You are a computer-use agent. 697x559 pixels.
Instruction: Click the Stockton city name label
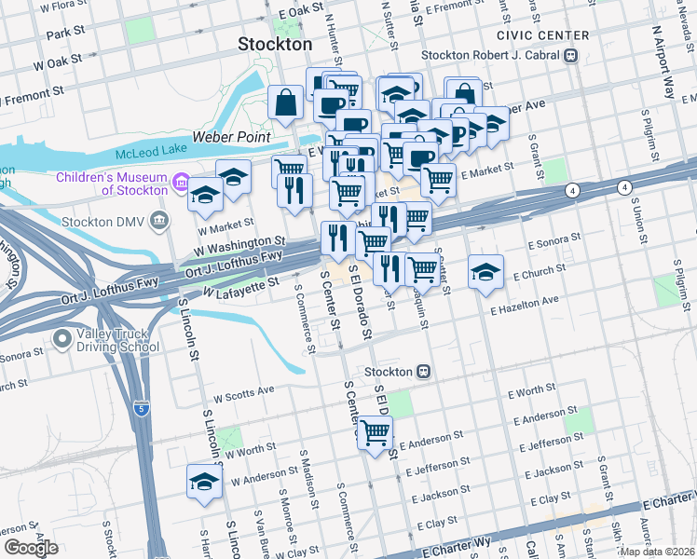[275, 44]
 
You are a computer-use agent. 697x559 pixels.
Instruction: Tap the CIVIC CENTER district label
[542, 35]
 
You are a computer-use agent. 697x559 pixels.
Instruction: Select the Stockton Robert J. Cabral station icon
[569, 55]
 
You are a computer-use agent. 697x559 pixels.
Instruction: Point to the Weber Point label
[231, 137]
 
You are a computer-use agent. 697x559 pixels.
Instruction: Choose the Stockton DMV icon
[160, 222]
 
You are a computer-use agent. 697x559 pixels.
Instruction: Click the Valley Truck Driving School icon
[62, 339]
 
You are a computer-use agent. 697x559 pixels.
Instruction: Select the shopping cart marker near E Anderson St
[376, 433]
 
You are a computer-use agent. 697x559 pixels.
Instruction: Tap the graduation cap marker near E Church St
[485, 271]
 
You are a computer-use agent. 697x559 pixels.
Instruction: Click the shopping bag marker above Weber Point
[285, 102]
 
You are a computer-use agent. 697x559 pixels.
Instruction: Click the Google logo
[31, 548]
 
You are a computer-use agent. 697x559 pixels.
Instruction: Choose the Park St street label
[64, 34]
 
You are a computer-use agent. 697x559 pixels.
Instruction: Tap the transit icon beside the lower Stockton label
[423, 371]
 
